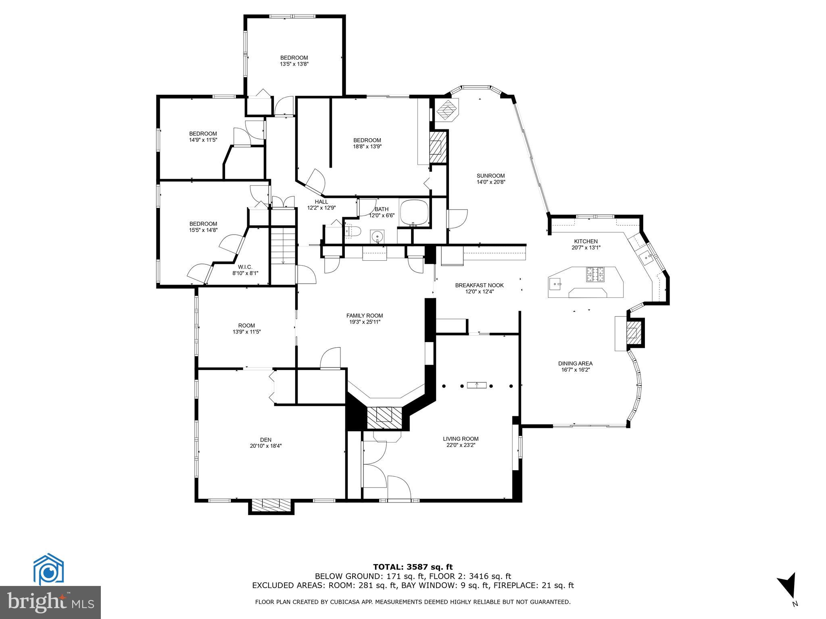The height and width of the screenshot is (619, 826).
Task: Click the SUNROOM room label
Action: click(490, 176)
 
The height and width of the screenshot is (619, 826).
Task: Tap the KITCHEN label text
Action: click(586, 241)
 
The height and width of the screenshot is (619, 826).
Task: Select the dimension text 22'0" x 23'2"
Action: click(461, 445)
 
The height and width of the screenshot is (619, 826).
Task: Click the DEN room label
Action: click(265, 440)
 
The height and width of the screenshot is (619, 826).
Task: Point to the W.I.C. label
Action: click(245, 267)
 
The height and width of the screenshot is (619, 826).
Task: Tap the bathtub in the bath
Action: click(414, 212)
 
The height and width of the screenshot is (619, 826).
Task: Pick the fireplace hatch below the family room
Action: click(385, 418)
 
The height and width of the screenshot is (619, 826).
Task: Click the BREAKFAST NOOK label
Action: click(479, 285)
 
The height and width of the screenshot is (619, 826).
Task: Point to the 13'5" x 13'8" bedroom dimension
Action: click(294, 64)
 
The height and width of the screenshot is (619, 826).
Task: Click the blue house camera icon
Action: click(48, 571)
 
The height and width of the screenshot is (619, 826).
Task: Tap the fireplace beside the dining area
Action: click(634, 333)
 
